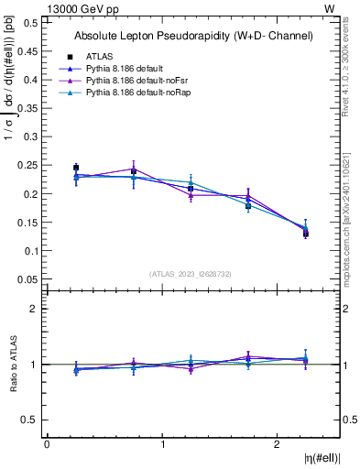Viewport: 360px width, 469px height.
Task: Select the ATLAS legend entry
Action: pos(100,56)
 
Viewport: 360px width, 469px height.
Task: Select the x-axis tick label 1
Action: pos(162,444)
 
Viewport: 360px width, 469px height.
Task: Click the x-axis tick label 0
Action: pos(47,444)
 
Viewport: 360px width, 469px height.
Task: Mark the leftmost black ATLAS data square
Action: pos(76,168)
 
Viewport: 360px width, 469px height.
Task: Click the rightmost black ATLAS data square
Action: pos(306,234)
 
